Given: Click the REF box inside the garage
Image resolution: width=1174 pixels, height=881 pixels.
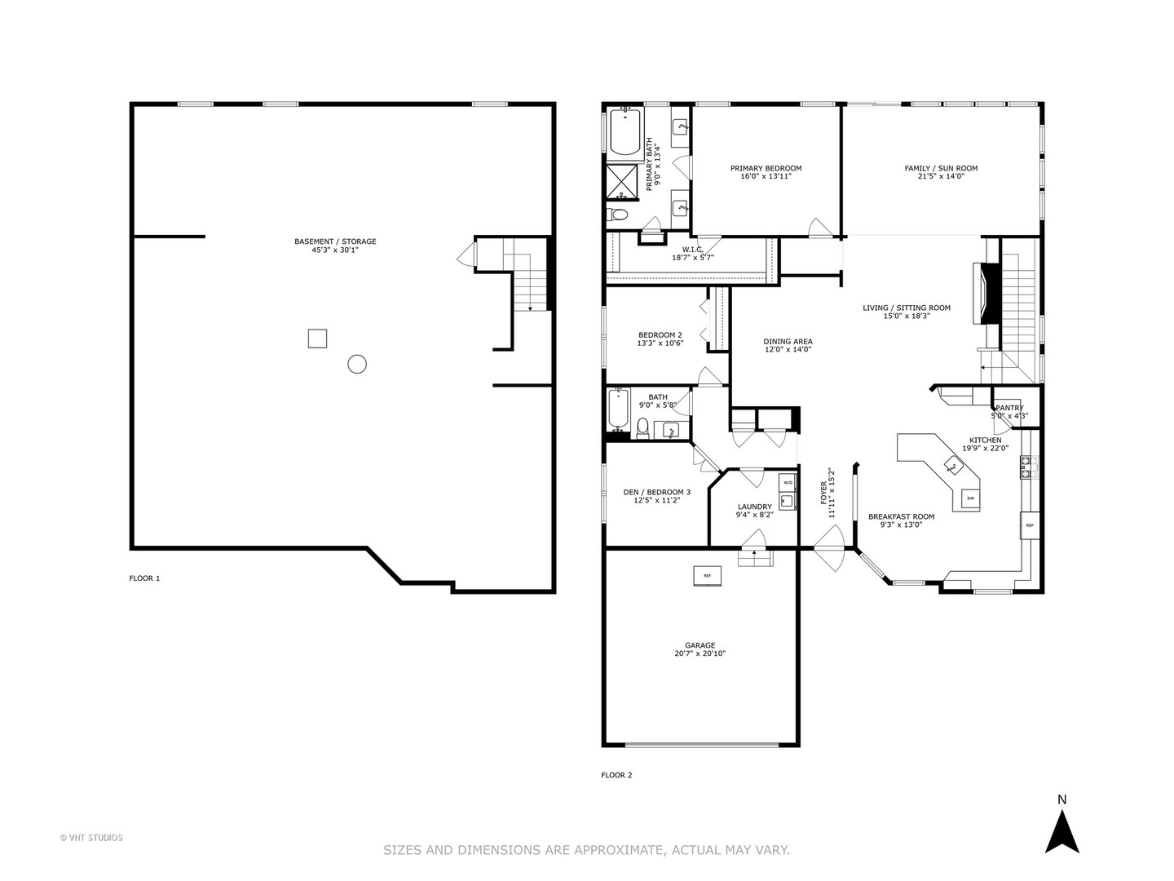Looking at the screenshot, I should (707, 576).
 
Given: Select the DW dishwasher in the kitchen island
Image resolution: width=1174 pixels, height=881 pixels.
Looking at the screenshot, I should (970, 498).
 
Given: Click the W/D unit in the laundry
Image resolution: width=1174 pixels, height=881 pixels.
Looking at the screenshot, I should (788, 483).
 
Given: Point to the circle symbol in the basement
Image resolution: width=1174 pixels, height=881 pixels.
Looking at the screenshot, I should (357, 364).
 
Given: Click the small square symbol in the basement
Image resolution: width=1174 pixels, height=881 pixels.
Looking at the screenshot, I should (317, 338).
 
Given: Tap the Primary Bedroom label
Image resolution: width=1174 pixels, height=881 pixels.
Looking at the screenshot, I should (766, 169).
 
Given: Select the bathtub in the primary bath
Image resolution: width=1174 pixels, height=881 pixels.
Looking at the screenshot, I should (625, 132).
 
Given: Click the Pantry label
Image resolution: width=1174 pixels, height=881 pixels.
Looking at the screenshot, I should (1008, 408).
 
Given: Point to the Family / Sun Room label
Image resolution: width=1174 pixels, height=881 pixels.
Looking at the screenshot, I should (941, 169).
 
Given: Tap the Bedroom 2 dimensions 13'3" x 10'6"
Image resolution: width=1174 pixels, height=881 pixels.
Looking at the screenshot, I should (660, 343).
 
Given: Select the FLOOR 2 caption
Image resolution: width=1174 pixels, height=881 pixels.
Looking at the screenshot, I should (616, 775).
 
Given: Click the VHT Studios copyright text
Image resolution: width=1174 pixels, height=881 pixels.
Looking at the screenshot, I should (91, 837).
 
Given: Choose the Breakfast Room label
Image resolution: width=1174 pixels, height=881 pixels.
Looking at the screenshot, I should (901, 516).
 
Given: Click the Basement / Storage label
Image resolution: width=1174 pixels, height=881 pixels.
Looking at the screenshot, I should (335, 241).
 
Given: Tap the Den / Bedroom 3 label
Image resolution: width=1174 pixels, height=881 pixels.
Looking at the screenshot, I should (656, 492).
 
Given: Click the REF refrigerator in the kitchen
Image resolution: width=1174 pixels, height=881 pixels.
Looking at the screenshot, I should (1029, 525).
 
